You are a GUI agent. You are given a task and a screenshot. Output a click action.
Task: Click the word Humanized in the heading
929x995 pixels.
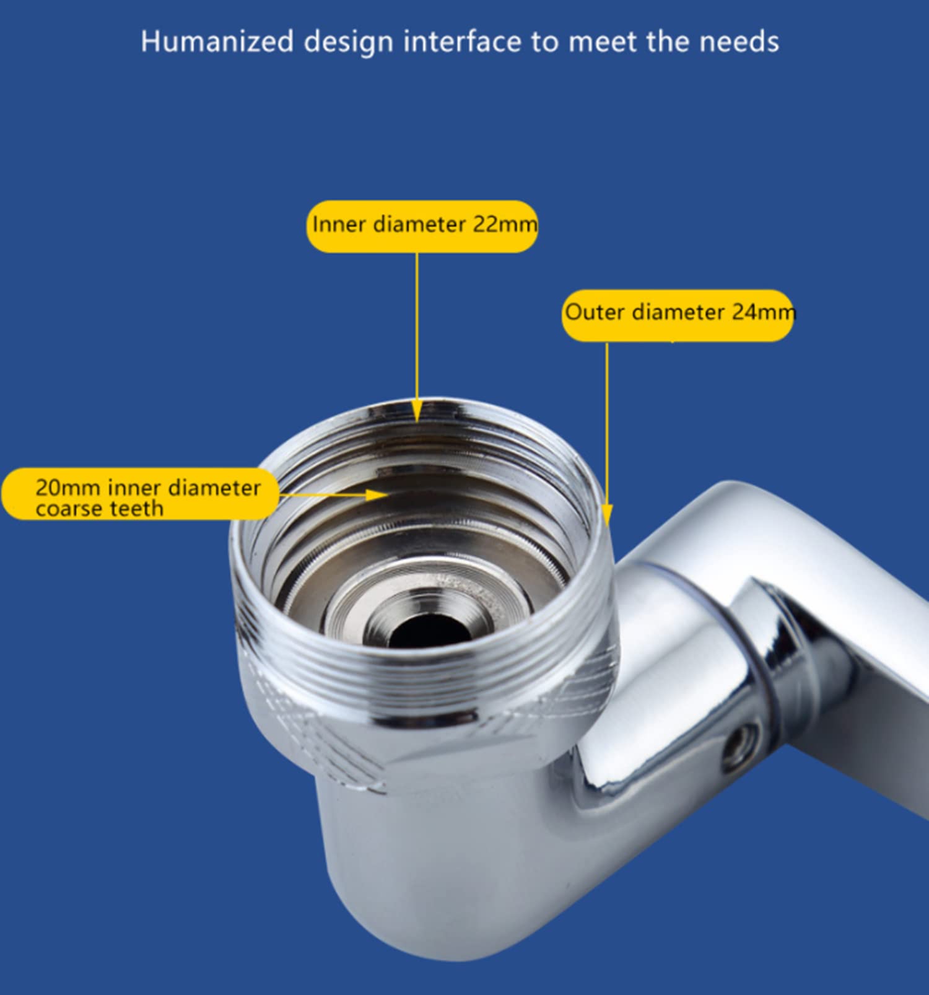217,42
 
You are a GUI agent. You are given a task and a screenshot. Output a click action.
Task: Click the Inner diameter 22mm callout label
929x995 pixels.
422,226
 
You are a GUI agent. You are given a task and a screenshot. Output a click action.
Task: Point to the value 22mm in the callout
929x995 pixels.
505,224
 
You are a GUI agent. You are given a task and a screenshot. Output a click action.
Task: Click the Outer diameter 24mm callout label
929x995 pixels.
678,315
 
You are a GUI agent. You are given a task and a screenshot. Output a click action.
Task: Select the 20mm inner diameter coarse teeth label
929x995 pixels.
141,494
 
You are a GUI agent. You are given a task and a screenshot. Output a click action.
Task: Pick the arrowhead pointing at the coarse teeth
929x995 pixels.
377,494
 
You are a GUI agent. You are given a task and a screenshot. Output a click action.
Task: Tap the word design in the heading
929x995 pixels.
348,42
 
